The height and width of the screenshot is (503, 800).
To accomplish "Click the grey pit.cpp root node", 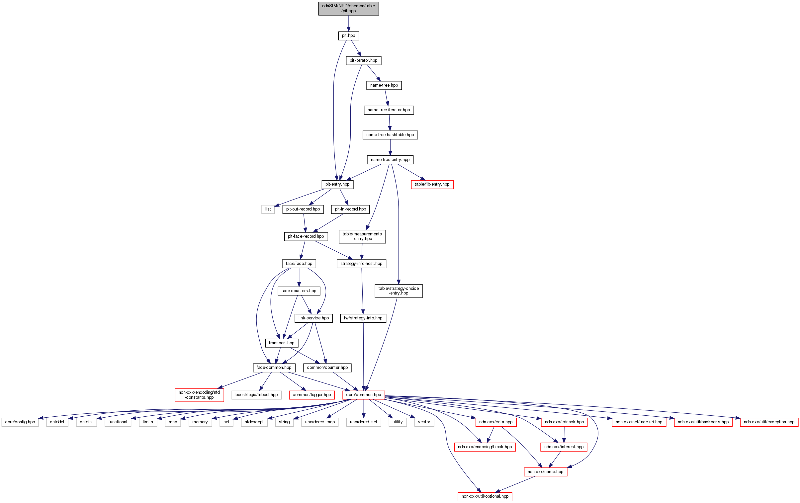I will click(348, 8).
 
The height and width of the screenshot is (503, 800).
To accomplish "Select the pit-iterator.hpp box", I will click(363, 60).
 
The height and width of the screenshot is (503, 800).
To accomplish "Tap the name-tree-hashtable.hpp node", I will click(390, 135).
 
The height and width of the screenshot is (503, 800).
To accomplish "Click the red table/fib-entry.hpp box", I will click(432, 184).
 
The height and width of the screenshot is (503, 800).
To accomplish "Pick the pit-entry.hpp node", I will click(337, 184).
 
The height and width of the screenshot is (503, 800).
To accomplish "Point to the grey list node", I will click(268, 209).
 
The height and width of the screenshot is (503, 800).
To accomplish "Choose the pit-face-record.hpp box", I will click(306, 236).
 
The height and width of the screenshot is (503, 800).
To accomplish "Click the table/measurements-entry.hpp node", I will click(362, 236).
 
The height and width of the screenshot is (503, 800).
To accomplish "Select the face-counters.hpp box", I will click(299, 291).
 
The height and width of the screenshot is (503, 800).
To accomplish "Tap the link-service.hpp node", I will click(313, 318).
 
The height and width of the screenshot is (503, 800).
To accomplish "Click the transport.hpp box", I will click(281, 343).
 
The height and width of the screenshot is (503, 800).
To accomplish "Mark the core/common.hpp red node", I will click(363, 395).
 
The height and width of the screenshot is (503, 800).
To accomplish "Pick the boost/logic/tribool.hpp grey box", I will click(256, 395).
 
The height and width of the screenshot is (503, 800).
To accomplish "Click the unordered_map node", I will click(319, 422).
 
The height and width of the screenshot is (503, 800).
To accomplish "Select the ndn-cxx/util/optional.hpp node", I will click(485, 497).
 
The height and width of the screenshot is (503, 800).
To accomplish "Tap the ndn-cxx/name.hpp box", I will click(545, 472).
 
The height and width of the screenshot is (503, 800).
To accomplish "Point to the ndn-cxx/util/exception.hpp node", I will click(769, 422).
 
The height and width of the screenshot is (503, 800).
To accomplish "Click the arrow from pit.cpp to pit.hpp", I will click(348, 23).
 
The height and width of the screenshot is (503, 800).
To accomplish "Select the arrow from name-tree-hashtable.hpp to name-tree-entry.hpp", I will click(390, 147).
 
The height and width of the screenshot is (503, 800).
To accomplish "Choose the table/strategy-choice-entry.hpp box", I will click(398, 291).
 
